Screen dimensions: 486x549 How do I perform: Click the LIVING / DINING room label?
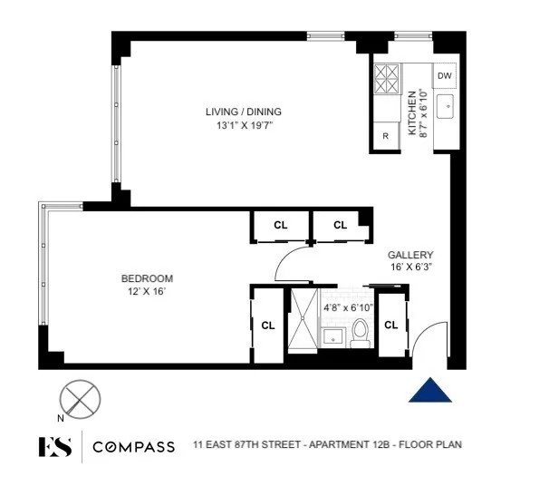pyautogui.click(x=242, y=112)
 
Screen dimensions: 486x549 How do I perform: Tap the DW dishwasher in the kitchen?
pyautogui.click(x=444, y=75)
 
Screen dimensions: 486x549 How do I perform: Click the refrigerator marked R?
pyautogui.click(x=385, y=136)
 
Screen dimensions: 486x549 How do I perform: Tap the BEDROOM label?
pyautogui.click(x=147, y=278)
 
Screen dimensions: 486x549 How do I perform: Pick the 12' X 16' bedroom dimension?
pyautogui.click(x=147, y=292)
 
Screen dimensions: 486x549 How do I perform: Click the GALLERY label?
pyautogui.click(x=410, y=255)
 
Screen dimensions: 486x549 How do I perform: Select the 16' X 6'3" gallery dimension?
pyautogui.click(x=410, y=268)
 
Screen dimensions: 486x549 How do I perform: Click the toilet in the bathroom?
pyautogui.click(x=360, y=334)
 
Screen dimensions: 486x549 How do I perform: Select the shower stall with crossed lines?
pyautogui.click(x=301, y=319)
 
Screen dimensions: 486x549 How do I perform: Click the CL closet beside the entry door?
pyautogui.click(x=392, y=325)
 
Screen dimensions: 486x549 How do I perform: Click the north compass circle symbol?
pyautogui.click(x=80, y=399)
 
